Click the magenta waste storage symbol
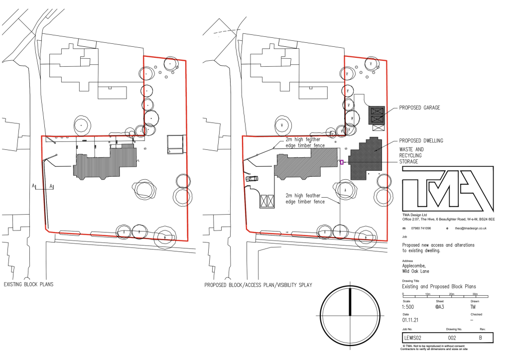[342, 162]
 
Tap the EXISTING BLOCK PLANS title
[28, 285]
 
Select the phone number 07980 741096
[420, 228]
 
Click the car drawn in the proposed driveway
[252, 178]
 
